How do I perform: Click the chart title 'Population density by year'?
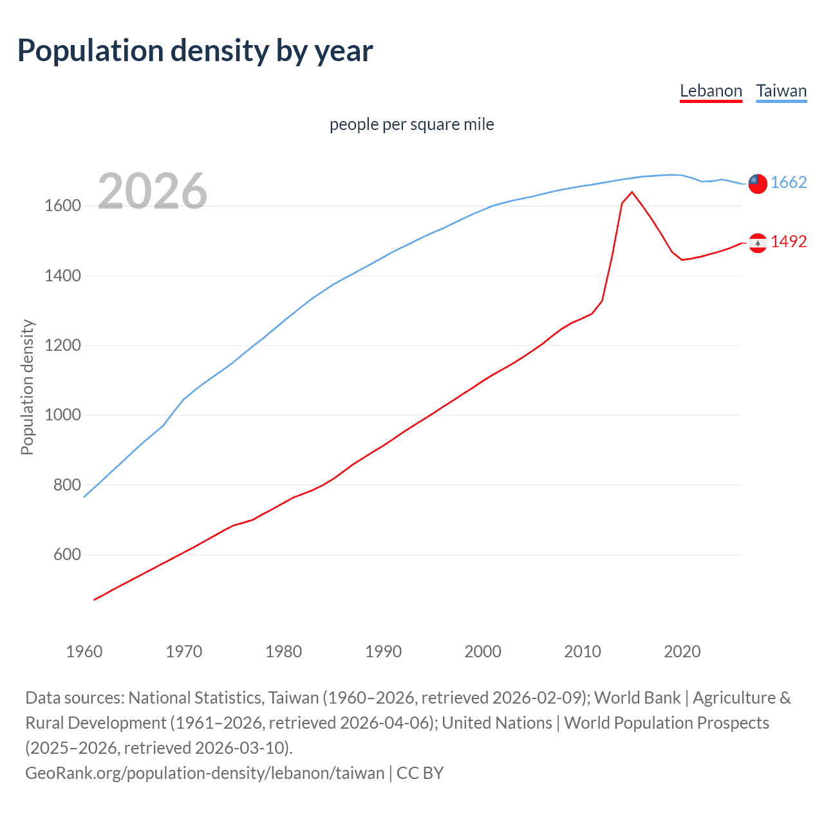(195, 51)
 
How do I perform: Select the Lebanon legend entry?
(711, 91)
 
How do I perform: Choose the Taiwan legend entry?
(781, 91)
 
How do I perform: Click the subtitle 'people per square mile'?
(411, 124)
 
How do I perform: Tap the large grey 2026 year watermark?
(153, 191)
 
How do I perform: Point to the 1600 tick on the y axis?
(62, 206)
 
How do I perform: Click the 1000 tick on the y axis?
(62, 415)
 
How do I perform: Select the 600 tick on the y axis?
(67, 554)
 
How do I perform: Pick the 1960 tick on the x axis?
(84, 651)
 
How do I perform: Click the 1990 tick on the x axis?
(383, 651)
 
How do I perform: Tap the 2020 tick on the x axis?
(682, 651)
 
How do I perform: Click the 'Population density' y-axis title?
(27, 388)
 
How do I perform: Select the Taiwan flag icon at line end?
(758, 183)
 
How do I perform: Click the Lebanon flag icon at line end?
(758, 243)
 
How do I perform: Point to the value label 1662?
(789, 183)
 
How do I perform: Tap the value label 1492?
(789, 242)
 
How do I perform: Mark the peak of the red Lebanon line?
(632, 192)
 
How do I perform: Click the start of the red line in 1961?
(95, 599)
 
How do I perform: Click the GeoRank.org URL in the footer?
(204, 772)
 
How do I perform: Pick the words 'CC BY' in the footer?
(420, 772)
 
